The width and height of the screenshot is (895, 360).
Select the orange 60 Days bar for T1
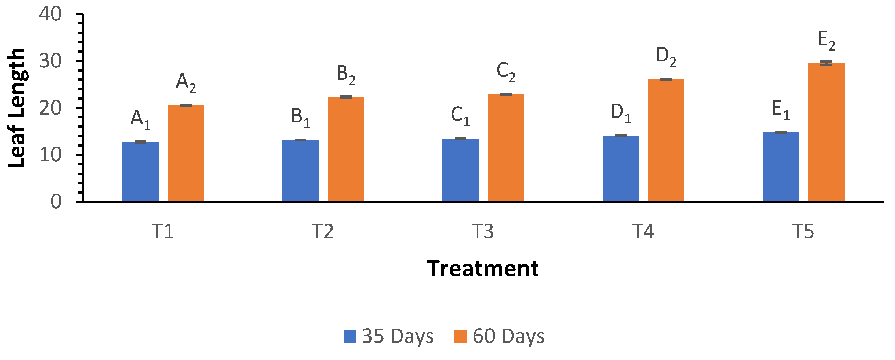pos(186,153)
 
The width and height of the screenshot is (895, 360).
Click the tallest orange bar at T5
pos(826,132)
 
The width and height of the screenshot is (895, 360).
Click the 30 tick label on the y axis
pos(50,61)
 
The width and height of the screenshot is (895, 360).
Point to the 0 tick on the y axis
pos(56,202)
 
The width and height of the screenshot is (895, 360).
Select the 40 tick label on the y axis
pos(50,14)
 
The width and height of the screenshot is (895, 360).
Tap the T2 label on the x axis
pos(323,231)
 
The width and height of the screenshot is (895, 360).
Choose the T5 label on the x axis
pos(803,231)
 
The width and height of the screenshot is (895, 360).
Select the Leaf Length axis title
pos(17,108)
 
